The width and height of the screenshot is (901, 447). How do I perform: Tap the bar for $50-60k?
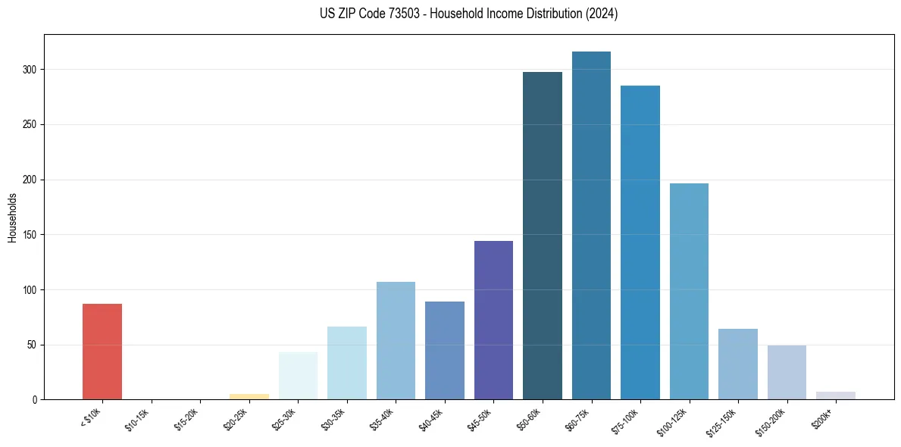click(x=543, y=236)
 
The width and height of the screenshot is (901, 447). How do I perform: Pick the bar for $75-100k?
click(x=640, y=242)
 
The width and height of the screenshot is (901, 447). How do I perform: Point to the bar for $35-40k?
click(x=396, y=341)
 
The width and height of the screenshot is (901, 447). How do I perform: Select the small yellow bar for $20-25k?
click(x=249, y=396)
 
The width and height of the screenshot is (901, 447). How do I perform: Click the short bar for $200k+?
click(x=836, y=395)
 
